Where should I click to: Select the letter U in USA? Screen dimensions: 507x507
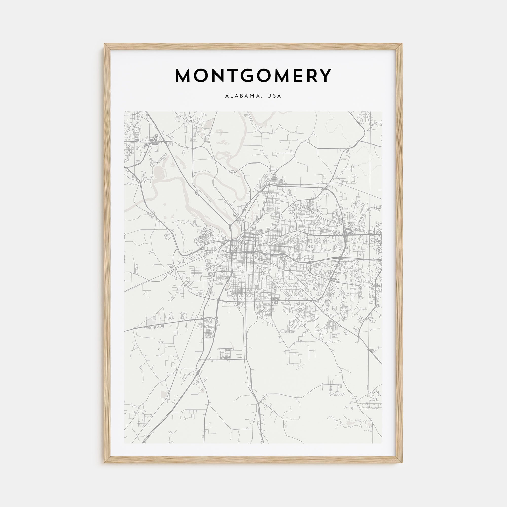click(x=269, y=96)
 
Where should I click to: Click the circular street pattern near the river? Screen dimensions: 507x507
click(x=207, y=232)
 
